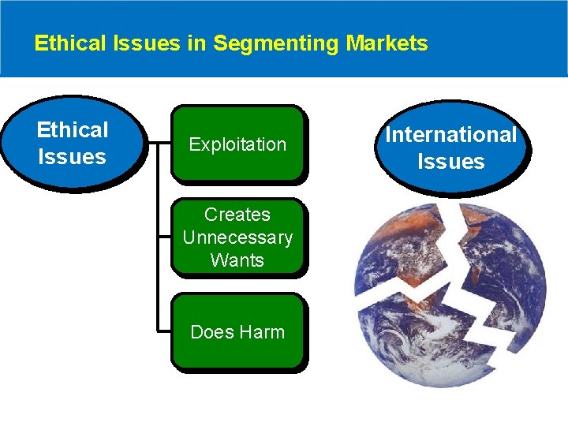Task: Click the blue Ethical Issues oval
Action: click(72, 143)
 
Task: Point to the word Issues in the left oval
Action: click(72, 156)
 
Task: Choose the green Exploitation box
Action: click(237, 144)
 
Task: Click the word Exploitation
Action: click(237, 144)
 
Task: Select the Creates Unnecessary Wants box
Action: click(237, 237)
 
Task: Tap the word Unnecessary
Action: click(237, 237)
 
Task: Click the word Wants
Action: click(237, 260)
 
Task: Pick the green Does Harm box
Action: click(237, 332)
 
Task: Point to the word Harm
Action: click(260, 332)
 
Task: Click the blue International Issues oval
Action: click(450, 148)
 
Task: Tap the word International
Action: click(450, 135)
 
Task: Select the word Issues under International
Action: click(450, 162)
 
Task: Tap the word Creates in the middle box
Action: click(237, 215)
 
